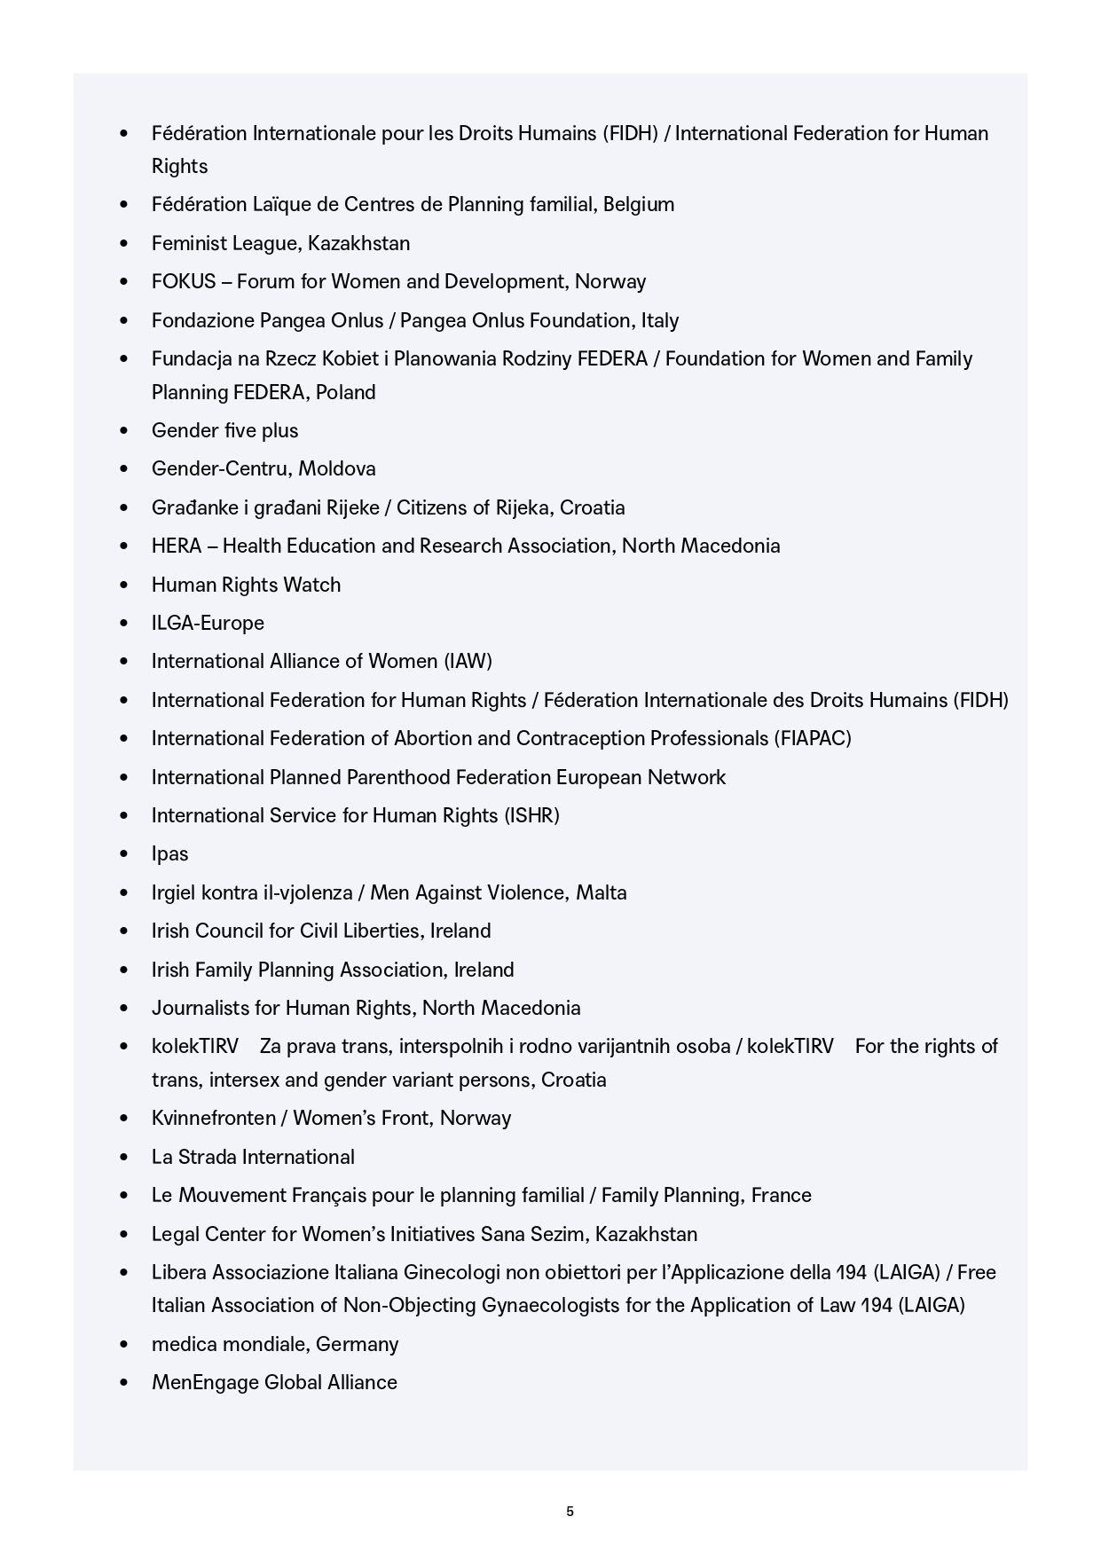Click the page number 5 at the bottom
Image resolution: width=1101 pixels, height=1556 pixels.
click(570, 1512)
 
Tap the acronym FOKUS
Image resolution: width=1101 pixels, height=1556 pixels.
click(184, 282)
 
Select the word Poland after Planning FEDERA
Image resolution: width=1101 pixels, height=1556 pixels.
click(346, 392)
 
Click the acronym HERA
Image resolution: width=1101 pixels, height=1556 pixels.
click(177, 546)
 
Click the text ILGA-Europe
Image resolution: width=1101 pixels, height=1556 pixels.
click(208, 623)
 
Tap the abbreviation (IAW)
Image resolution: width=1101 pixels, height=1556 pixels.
click(468, 661)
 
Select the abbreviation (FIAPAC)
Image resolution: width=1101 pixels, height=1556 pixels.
click(813, 738)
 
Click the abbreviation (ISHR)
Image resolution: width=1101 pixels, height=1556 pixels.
click(531, 815)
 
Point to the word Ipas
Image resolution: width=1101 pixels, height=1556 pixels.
click(169, 854)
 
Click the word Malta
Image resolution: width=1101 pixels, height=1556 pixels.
click(602, 892)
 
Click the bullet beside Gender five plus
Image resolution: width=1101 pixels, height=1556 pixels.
click(124, 431)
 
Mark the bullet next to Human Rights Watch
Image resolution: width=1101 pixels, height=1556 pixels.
click(124, 585)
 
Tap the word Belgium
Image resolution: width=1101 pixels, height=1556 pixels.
click(639, 205)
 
